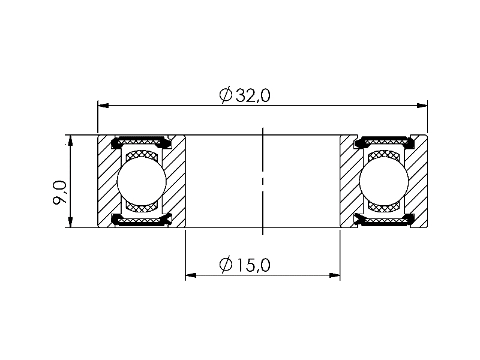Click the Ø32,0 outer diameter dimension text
pyautogui.click(x=245, y=95)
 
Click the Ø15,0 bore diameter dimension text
pyautogui.click(x=245, y=265)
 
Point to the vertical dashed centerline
pyautogui.click(x=263, y=180)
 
